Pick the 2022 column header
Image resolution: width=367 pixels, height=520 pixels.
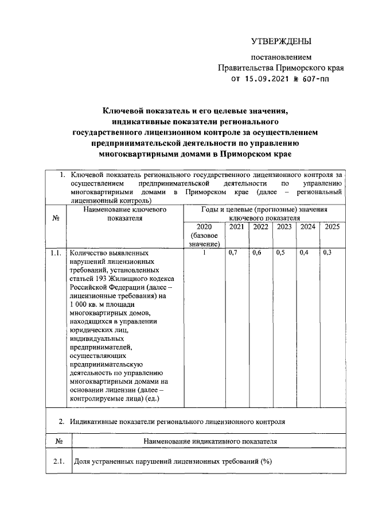point(260,227)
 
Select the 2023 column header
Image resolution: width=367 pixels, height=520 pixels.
point(284,227)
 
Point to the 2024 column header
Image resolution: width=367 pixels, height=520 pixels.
point(308,227)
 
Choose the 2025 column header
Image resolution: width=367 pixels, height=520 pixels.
point(332,227)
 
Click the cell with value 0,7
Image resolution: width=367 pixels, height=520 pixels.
point(233,253)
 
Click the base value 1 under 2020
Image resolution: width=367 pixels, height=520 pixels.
point(204,253)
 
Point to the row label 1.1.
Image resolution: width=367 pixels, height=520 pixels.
point(56,253)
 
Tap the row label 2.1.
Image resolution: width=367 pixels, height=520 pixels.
point(57,462)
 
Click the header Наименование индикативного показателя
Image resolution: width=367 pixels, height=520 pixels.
point(209,441)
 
